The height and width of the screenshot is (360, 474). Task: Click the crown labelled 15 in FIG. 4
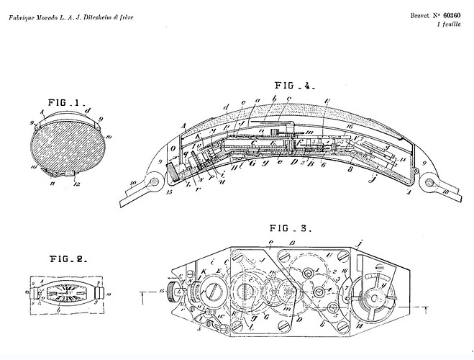click(173, 174)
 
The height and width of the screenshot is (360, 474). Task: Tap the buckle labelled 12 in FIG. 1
click(69, 174)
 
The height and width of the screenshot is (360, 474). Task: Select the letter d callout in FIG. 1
click(88, 110)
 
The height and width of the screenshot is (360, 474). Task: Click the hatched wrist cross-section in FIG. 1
click(66, 144)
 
